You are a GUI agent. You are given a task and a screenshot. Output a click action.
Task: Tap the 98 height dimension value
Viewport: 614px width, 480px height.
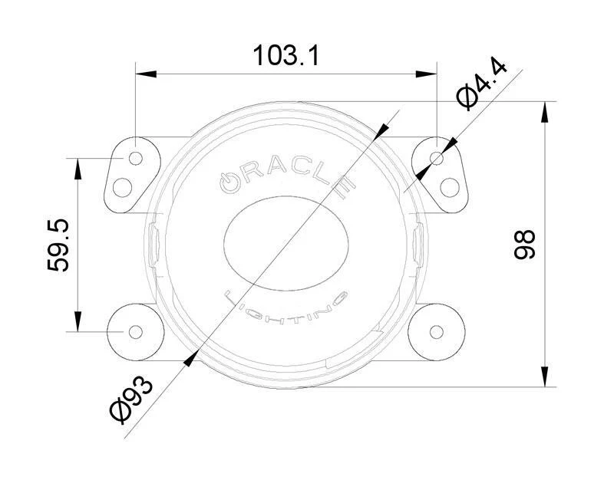tap(523, 244)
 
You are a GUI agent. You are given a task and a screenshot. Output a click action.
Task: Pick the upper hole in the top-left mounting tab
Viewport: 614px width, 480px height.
tap(135, 158)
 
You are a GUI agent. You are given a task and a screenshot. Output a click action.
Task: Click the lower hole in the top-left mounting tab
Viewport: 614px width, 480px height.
tap(123, 186)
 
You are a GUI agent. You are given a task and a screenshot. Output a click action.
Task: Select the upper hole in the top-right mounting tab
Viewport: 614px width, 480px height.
tap(437, 158)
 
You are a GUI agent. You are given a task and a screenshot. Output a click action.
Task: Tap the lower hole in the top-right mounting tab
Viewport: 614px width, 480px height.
tap(450, 186)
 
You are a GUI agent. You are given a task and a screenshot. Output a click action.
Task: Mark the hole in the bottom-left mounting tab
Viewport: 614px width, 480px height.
tap(135, 331)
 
